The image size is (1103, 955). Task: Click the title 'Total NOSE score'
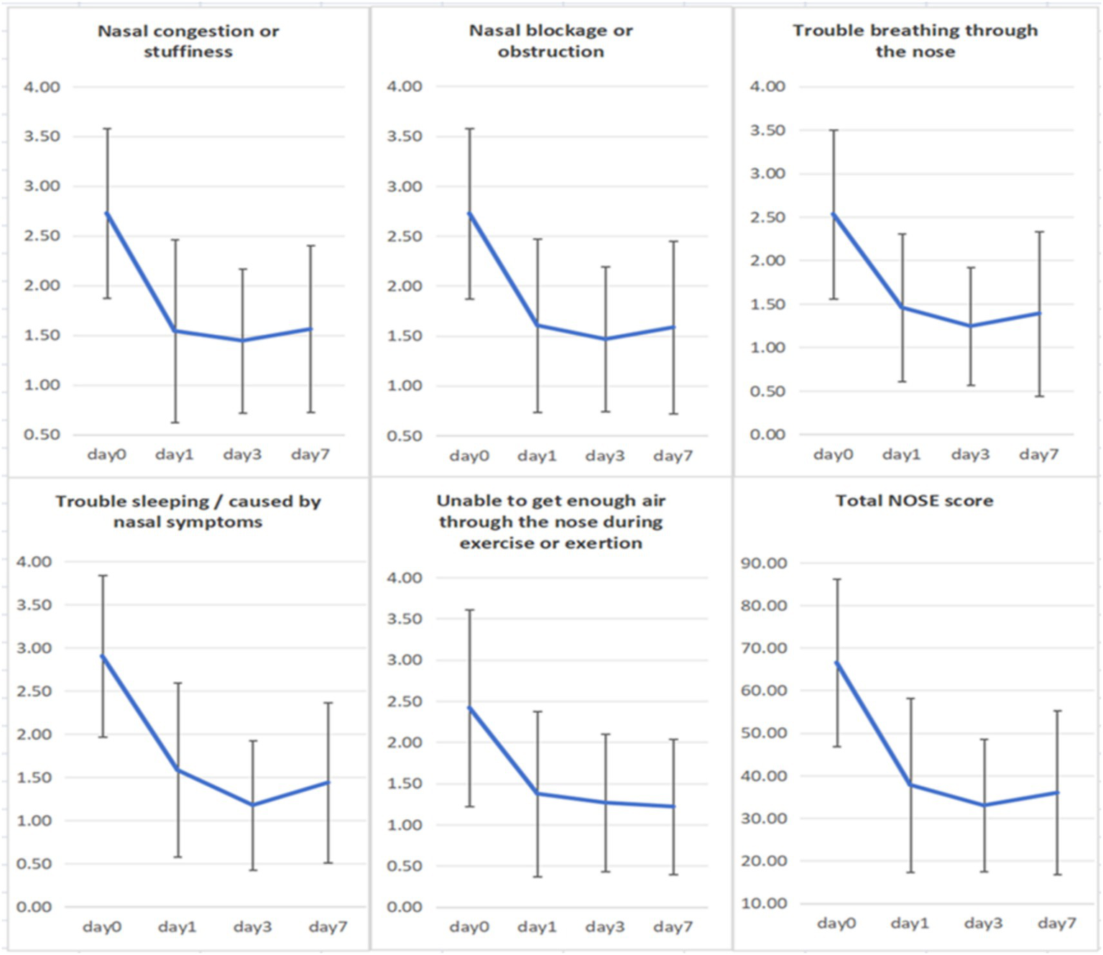pos(914,501)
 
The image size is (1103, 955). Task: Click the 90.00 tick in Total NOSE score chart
pos(764,563)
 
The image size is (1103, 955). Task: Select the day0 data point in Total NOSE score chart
pos(837,663)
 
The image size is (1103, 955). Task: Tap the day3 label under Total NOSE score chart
pos(983,923)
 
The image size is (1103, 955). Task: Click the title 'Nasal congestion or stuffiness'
pos(188,41)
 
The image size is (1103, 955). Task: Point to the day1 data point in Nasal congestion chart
pos(175,331)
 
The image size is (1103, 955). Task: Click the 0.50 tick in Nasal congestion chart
pos(42,435)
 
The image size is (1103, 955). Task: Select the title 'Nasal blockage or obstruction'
pos(550,41)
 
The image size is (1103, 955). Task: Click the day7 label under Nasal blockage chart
pos(673,456)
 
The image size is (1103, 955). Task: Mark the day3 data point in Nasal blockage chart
pos(605,339)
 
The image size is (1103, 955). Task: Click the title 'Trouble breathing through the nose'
pos(915,41)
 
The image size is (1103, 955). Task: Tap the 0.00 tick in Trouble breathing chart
pos(767,435)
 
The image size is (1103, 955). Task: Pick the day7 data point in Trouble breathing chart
pos(1039,313)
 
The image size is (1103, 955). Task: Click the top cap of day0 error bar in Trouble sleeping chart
pos(103,576)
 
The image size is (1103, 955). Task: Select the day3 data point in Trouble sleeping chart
pos(253,805)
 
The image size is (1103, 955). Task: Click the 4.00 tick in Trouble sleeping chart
pos(34,562)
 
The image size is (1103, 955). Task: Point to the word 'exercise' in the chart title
pos(494,543)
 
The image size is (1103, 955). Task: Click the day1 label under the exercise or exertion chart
pos(537,927)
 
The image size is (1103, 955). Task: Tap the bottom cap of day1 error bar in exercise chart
pos(537,877)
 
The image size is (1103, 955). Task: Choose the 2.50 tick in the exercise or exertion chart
pos(405,701)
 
